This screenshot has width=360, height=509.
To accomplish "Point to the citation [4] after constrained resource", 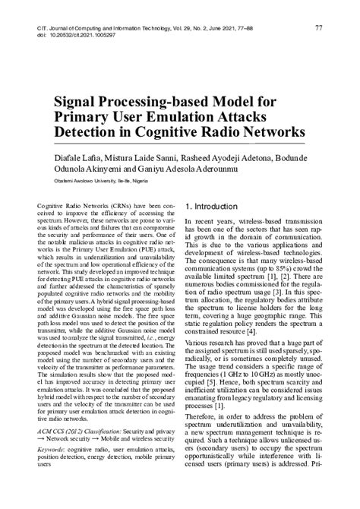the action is [x=274, y=333].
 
